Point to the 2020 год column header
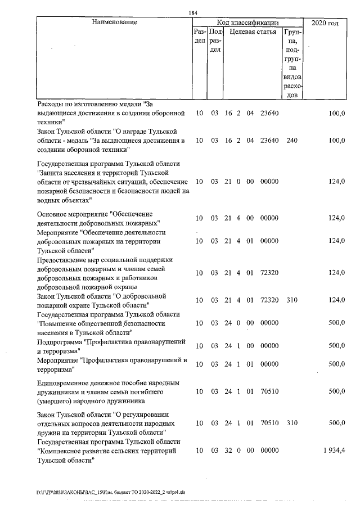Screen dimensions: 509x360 [x=325, y=23]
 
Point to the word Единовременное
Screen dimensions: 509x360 [x=64, y=383]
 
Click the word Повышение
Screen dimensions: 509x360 [x=62, y=324]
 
